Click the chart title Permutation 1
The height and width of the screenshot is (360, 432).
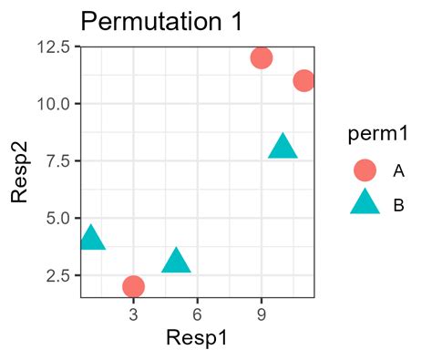click(162, 21)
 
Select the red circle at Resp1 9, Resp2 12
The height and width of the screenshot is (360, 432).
click(262, 57)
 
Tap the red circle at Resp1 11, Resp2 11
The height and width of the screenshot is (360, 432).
click(303, 80)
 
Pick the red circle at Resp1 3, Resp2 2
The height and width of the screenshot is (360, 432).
click(134, 286)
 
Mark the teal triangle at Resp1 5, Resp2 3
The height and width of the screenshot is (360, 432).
click(176, 262)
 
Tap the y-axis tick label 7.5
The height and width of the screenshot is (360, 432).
click(58, 161)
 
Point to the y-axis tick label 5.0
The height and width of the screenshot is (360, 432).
click(58, 218)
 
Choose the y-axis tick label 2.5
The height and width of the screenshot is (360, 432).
click(58, 275)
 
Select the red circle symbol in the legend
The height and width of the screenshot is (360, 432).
click(365, 170)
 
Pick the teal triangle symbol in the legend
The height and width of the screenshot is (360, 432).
click(365, 203)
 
